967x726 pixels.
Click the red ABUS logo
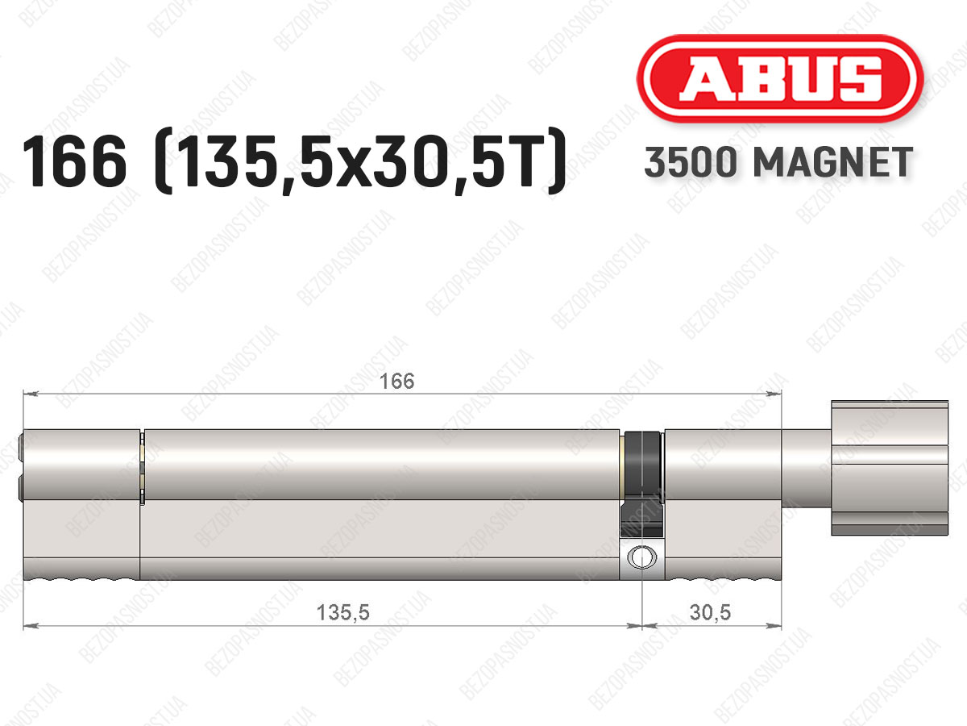click(780, 78)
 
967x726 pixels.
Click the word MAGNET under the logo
click(833, 162)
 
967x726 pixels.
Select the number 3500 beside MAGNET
click(691, 162)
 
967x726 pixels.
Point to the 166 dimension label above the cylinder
click(396, 382)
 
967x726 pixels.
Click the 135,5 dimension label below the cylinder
click(342, 613)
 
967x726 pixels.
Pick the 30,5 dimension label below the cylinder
click(710, 613)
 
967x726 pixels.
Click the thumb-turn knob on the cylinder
click(890, 468)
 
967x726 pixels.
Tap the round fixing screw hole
click(641, 557)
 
